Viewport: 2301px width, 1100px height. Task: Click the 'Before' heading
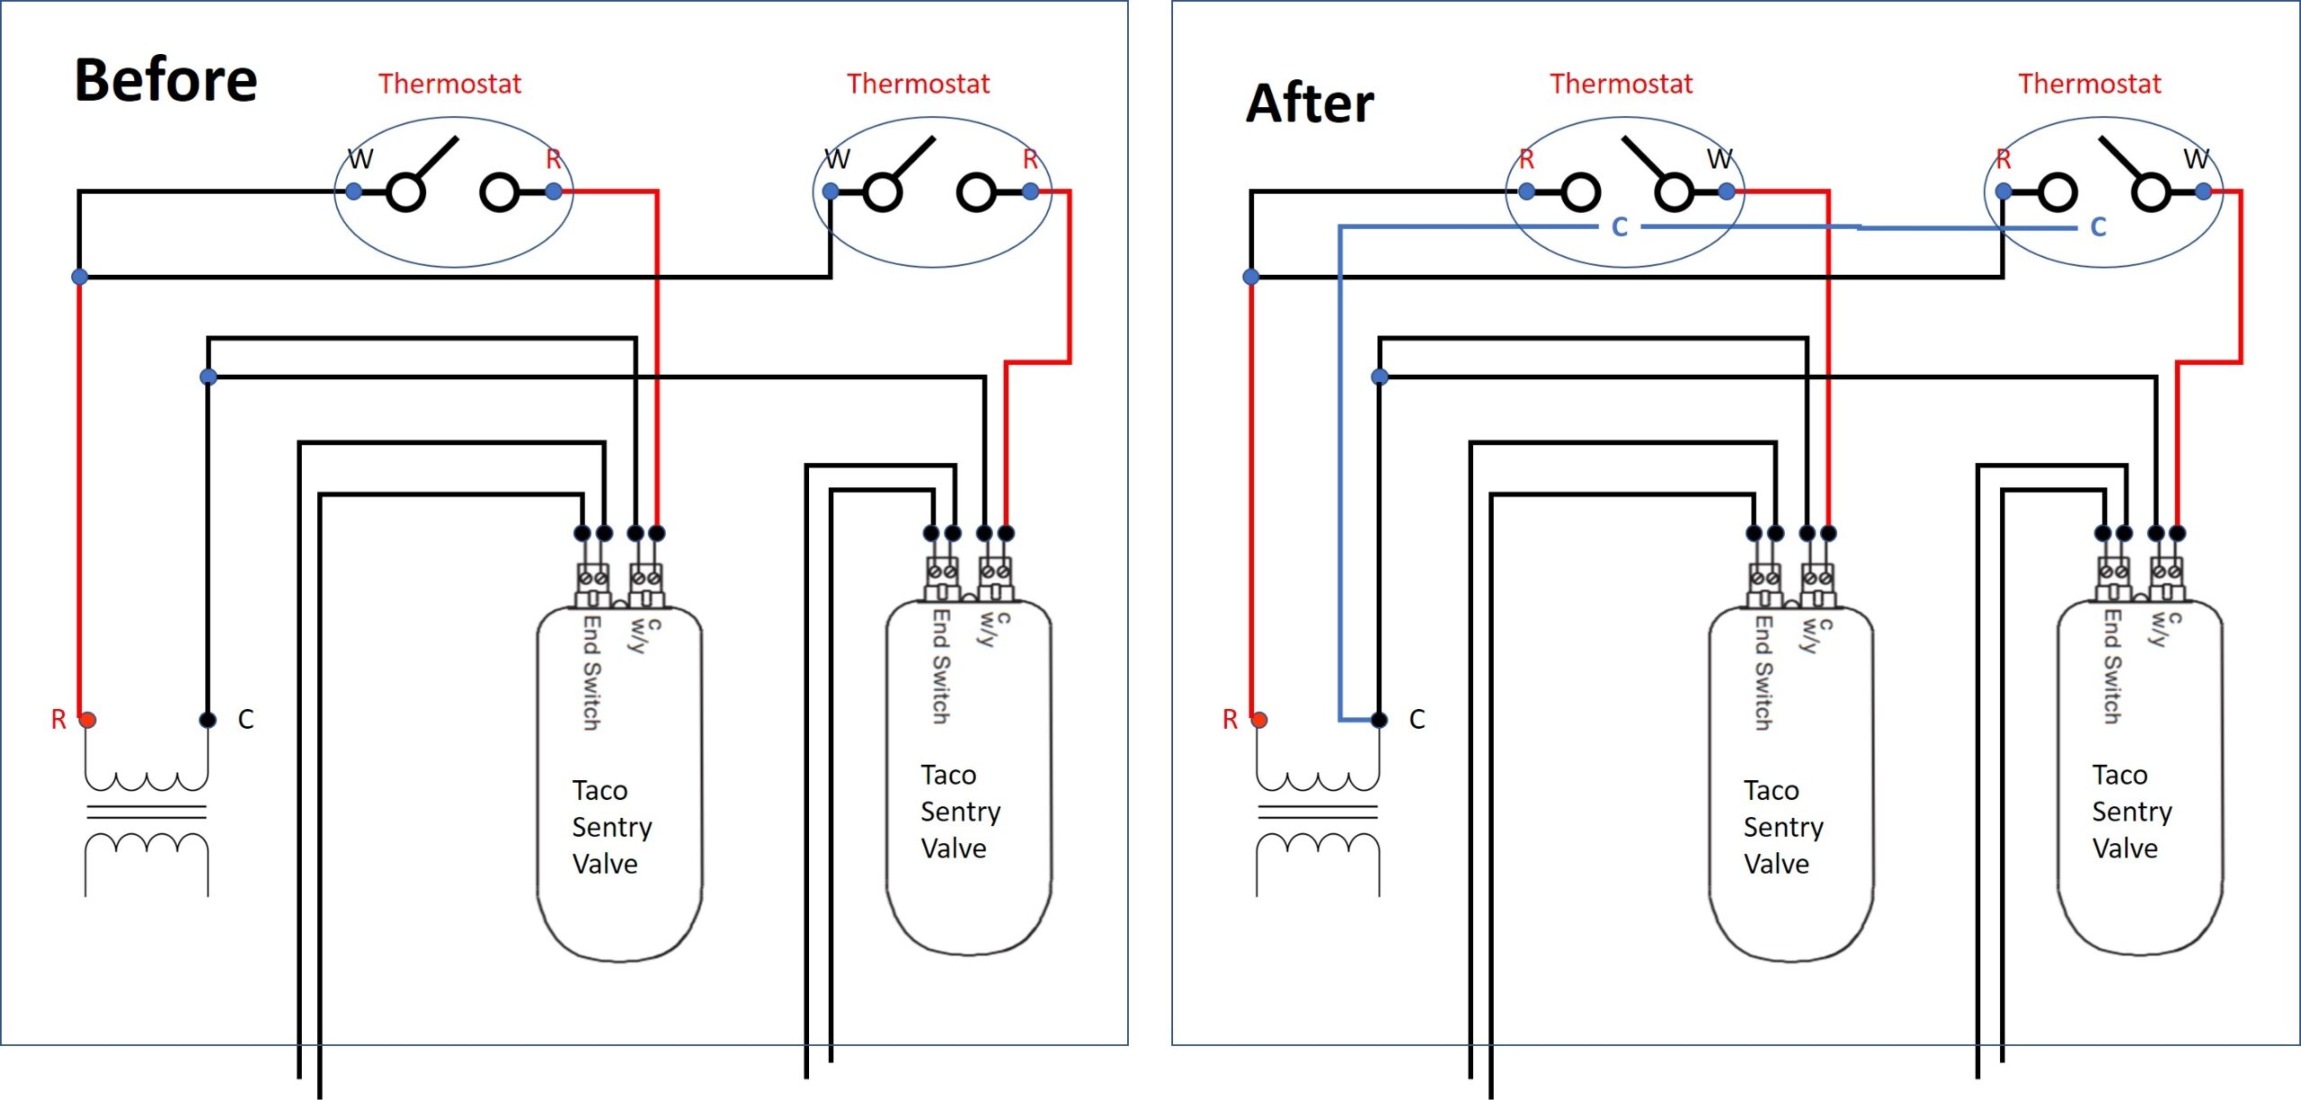(166, 80)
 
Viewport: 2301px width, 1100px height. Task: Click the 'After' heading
(1310, 103)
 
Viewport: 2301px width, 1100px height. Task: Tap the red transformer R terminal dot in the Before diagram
(87, 720)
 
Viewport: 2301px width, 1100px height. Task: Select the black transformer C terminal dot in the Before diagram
(208, 720)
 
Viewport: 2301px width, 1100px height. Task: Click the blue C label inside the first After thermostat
(1620, 227)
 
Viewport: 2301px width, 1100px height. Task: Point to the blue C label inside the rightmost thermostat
(2099, 226)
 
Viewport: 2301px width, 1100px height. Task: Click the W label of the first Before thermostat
(360, 159)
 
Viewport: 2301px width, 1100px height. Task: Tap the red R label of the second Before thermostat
(1030, 160)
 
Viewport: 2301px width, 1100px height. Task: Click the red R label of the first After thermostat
(1526, 160)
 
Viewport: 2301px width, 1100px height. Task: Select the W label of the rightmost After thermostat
(2197, 159)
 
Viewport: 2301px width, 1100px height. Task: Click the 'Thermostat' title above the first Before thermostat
(449, 84)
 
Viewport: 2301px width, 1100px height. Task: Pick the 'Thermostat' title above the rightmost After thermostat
(2090, 84)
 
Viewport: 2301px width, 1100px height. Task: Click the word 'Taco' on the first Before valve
(600, 791)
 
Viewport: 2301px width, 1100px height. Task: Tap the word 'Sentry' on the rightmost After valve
(2132, 812)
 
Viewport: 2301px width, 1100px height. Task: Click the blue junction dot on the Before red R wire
(80, 277)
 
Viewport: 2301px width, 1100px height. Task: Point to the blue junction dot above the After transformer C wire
(1380, 377)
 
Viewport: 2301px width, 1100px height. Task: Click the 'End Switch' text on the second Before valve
(941, 667)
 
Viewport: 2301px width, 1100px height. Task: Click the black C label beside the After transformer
(1417, 720)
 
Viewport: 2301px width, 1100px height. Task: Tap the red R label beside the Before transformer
(58, 720)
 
